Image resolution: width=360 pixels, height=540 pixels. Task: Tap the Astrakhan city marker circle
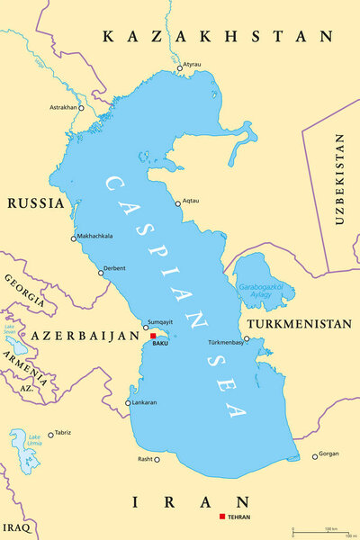point(80,108)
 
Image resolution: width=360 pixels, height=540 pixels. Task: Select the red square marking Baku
point(153,336)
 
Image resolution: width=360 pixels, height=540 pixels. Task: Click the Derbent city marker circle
point(101,273)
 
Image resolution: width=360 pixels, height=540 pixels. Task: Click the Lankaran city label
point(144,402)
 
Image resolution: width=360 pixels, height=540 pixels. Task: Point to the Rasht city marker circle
point(156,459)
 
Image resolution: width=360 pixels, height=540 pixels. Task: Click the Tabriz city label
point(62,433)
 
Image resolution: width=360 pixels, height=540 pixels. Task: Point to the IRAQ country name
point(17,525)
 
